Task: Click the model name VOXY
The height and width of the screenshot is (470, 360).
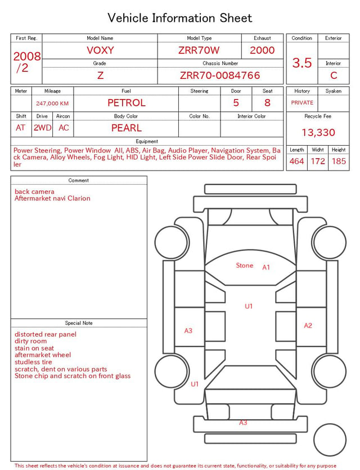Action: click(100, 50)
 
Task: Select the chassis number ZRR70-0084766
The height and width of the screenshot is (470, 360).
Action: click(220, 75)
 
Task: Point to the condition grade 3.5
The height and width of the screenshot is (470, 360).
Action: click(302, 62)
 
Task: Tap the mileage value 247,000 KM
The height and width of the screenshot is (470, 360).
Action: click(52, 104)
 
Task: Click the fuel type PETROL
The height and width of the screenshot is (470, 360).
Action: click(127, 103)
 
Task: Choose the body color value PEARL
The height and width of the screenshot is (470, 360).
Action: click(127, 128)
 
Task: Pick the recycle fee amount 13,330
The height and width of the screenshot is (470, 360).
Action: click(318, 132)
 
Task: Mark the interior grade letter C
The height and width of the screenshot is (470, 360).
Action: click(334, 75)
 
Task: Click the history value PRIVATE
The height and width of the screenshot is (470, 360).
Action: click(302, 102)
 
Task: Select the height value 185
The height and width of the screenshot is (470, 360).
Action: click(339, 161)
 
